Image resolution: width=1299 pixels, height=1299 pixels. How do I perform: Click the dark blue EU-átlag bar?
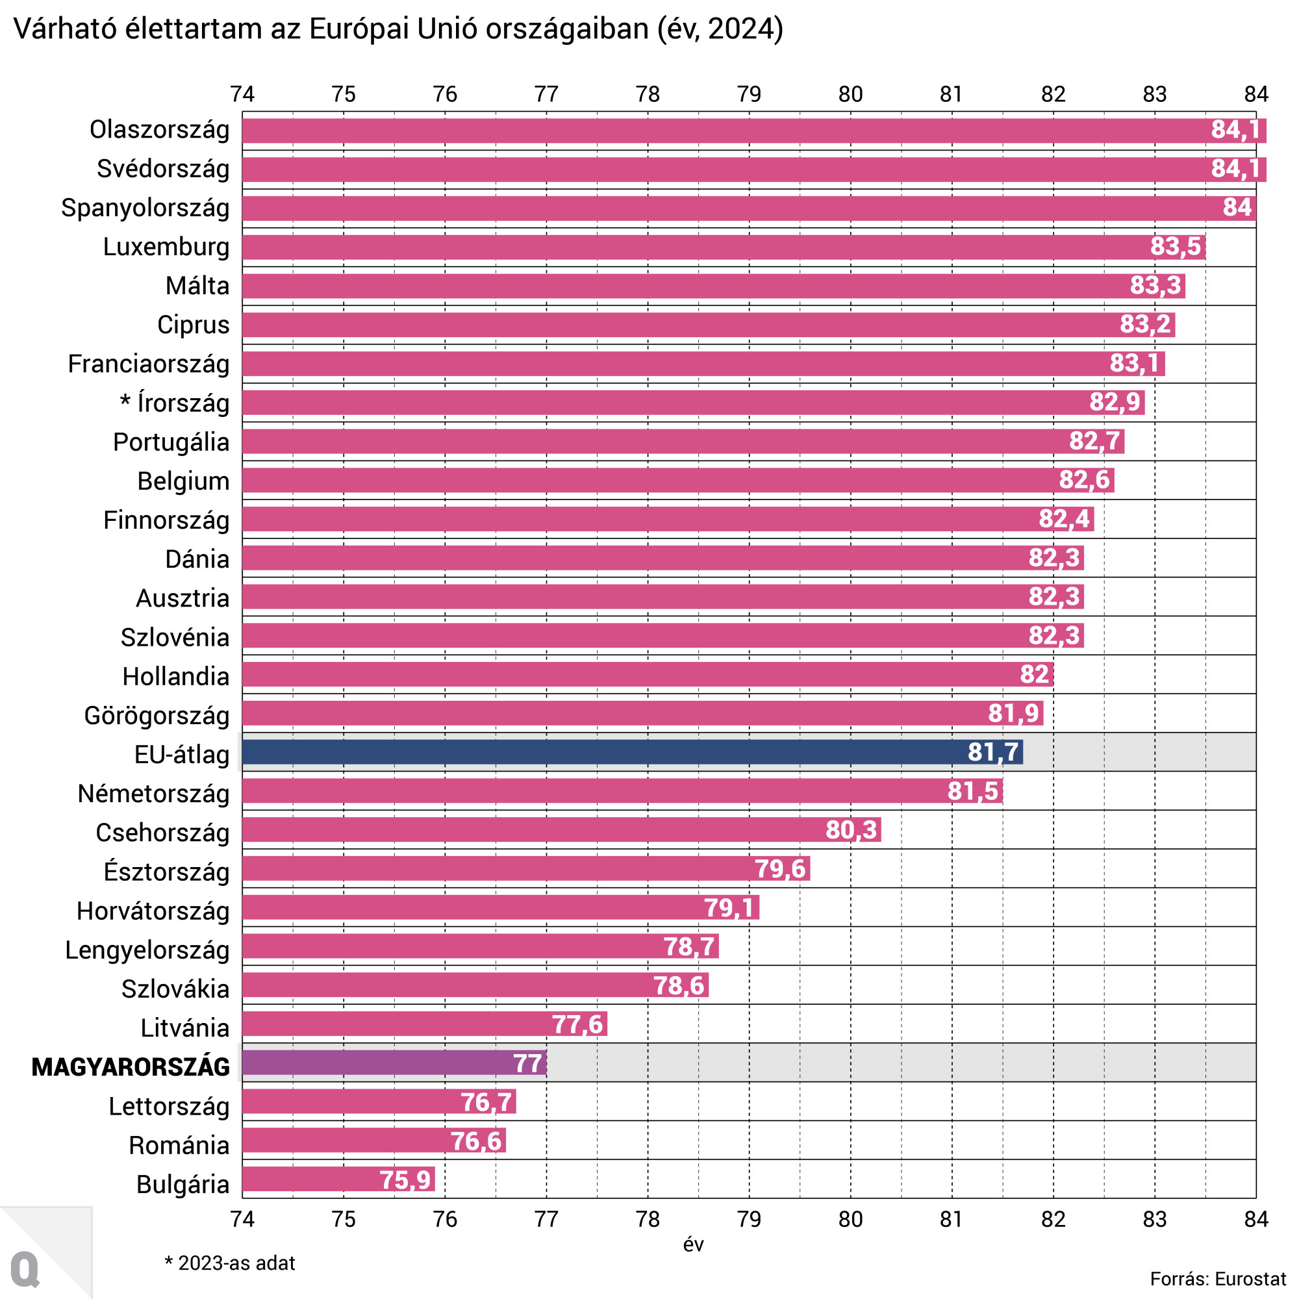pos(632,751)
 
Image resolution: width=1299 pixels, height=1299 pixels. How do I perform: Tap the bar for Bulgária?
pos(338,1179)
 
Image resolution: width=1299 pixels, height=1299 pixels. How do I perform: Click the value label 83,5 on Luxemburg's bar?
pos(1174,247)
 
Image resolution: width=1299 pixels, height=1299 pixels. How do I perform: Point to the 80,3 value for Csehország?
pos(851,830)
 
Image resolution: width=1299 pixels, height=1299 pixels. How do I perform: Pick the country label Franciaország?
pos(149,364)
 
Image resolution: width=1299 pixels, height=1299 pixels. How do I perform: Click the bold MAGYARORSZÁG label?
pos(131,1067)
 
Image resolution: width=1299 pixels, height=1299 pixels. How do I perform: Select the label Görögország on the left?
pos(157,715)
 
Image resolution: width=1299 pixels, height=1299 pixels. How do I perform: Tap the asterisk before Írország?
pos(125,401)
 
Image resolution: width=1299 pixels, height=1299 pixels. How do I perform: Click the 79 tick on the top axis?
pos(749,94)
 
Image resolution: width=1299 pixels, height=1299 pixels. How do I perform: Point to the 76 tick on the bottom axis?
pos(445,1219)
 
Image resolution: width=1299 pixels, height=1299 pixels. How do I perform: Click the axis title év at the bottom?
pos(693,1244)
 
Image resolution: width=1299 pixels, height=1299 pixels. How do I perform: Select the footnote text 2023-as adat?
pos(236,1263)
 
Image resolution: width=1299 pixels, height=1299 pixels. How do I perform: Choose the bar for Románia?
pos(374,1141)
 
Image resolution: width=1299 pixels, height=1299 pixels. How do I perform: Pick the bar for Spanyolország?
pos(748,208)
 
